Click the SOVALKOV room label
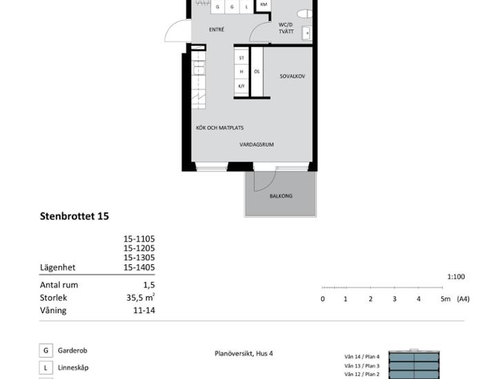[292, 76]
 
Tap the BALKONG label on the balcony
[281, 196]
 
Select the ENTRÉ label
[217, 30]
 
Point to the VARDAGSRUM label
[257, 145]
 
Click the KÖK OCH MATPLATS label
[220, 128]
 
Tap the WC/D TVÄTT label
[286, 28]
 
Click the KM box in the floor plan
[264, 5]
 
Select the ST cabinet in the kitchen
[242, 58]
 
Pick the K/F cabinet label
[242, 86]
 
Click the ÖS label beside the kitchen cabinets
[257, 72]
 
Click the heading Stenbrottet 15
[75, 216]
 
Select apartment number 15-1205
[139, 248]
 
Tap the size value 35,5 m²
[140, 297]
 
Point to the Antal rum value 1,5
[149, 285]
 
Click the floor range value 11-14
[144, 311]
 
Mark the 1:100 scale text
[456, 277]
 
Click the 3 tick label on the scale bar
[394, 299]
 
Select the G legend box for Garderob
[46, 351]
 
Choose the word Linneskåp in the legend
[73, 368]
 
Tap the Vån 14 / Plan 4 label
[362, 357]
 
